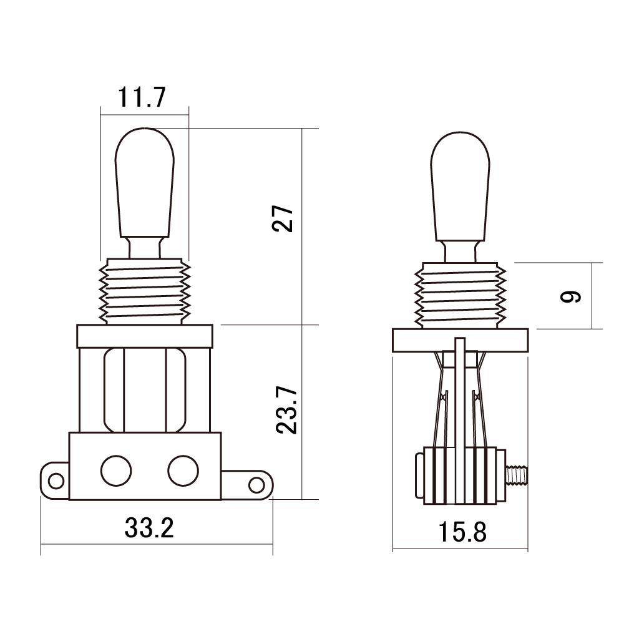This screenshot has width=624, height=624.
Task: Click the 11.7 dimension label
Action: (x=141, y=97)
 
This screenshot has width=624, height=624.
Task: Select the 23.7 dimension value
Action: (x=286, y=410)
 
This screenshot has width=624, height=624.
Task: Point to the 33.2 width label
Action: (x=149, y=528)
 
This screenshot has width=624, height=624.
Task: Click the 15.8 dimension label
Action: (x=462, y=532)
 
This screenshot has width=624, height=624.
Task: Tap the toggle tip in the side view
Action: (x=460, y=186)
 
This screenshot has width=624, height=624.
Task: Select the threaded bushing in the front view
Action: (x=145, y=291)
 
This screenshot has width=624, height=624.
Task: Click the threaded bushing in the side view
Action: (x=460, y=295)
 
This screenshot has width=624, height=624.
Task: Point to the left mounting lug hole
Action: (x=56, y=480)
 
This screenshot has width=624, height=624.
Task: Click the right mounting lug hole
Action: (x=256, y=485)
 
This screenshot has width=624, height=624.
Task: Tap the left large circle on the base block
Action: (x=116, y=470)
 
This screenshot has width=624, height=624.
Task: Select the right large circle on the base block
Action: (x=183, y=470)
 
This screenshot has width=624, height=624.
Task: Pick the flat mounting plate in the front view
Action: (x=145, y=336)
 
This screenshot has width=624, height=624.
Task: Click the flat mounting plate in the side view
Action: (x=460, y=340)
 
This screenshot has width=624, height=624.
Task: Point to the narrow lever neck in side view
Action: (x=460, y=251)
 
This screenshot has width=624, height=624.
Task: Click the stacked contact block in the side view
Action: (x=461, y=475)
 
